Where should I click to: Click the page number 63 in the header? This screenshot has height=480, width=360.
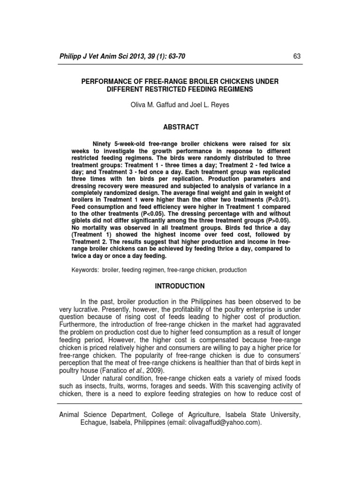click(296, 56)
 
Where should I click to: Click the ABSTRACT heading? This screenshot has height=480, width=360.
click(180, 127)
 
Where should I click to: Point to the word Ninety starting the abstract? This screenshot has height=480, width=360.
click(103, 143)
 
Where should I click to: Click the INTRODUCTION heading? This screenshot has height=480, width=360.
click(180, 286)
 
